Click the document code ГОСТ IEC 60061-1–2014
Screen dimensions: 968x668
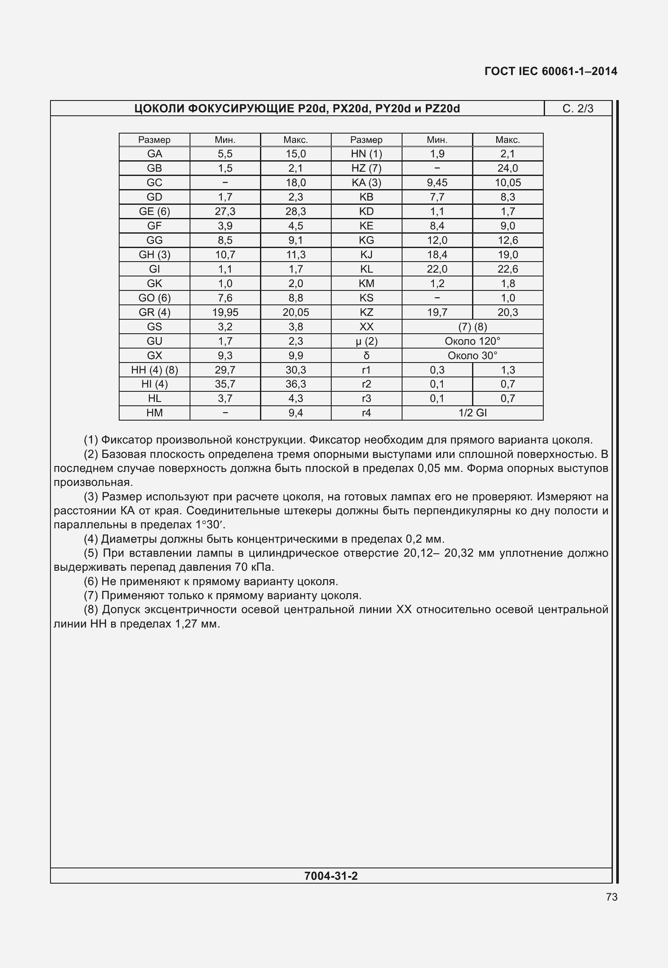[x=551, y=71]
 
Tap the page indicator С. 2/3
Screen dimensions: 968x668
[x=578, y=109]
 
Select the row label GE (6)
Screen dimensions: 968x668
[x=154, y=212]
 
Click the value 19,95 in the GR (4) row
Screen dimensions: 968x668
[x=225, y=312]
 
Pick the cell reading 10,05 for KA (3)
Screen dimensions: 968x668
[x=508, y=183]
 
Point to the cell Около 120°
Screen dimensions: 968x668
[x=472, y=341]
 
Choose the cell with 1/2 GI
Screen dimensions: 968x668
[x=472, y=413]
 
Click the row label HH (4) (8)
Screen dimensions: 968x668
[x=154, y=370]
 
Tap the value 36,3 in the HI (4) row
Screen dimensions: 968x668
[x=296, y=384]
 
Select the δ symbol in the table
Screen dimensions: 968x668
[x=366, y=356]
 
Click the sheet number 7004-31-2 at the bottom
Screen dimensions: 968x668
[x=331, y=876]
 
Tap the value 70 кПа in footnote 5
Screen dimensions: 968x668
[x=254, y=567]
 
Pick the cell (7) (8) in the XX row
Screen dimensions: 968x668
[x=472, y=327]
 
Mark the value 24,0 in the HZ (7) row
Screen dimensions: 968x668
[x=508, y=168]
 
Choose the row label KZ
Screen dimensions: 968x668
[x=366, y=312]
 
